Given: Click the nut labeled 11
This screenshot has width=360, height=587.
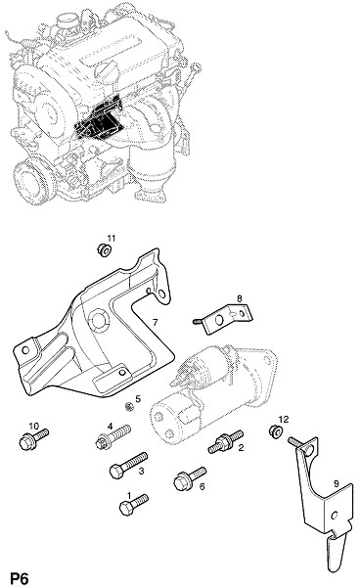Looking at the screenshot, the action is click(x=103, y=249).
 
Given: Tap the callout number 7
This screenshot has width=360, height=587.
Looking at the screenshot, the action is click(x=155, y=322).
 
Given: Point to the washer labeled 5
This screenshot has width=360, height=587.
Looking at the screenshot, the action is click(x=129, y=406).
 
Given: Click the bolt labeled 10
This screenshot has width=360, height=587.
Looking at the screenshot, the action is click(x=33, y=438).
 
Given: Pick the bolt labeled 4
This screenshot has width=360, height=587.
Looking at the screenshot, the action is click(x=113, y=436).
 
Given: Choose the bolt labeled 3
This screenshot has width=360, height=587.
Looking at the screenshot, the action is click(x=128, y=466).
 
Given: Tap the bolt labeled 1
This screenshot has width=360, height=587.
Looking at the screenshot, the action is click(x=133, y=505).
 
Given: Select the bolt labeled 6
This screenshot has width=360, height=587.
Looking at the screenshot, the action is click(x=190, y=478).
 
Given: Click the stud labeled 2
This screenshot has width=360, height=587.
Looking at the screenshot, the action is click(x=226, y=441).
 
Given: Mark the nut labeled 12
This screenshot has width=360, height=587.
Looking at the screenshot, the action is click(x=275, y=430).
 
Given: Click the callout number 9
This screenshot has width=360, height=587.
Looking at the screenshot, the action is click(x=337, y=483).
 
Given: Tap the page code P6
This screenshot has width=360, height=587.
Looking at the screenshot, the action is click(x=20, y=579).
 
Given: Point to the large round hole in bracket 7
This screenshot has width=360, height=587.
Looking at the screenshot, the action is click(x=99, y=319).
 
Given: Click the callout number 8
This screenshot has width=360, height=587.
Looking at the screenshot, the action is click(x=240, y=298).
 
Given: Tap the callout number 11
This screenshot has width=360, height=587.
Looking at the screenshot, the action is click(x=112, y=238).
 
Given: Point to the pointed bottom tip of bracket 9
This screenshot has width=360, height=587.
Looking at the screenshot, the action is click(x=332, y=571).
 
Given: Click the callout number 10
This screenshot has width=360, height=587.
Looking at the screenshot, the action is click(x=33, y=426).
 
